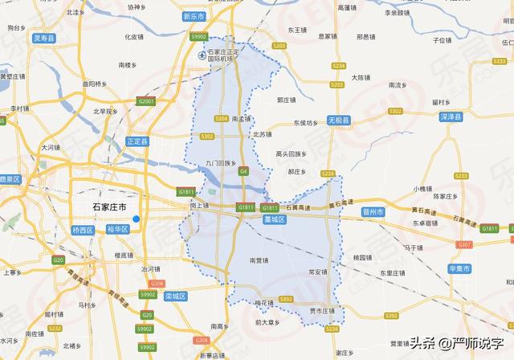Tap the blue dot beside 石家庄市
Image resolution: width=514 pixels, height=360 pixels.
pos(137,219)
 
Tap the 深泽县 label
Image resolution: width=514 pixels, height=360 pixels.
pos(452,117)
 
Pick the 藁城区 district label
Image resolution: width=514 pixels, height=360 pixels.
pos(275,219)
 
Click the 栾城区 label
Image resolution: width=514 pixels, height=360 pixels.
pos(174,296)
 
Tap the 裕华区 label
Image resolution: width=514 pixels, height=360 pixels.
pos(117,229)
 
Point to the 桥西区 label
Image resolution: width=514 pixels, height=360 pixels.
pos(84,229)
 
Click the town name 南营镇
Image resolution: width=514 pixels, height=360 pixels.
pos(259,260)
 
